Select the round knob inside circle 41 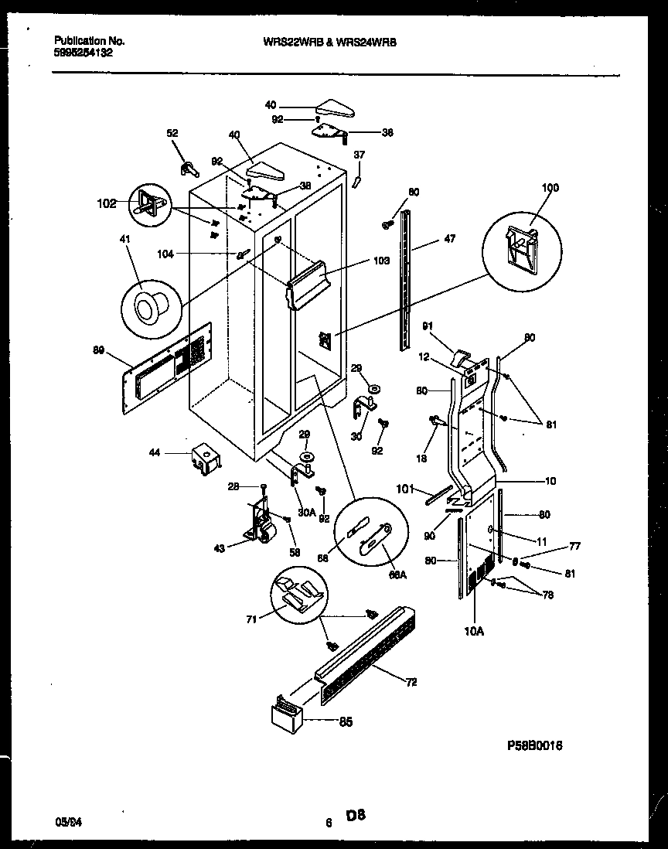(146, 310)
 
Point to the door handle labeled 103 (309, 283)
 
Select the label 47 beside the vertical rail (448, 240)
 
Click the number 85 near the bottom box (345, 722)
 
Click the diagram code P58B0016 (534, 745)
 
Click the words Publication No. (90, 40)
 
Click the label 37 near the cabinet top (359, 155)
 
